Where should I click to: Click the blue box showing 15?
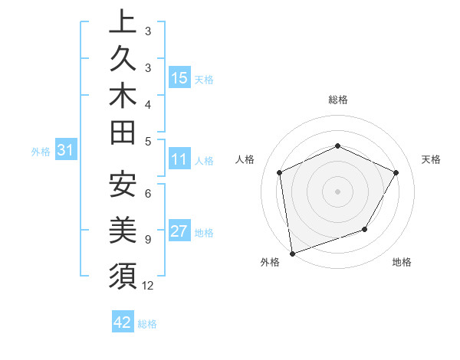179,78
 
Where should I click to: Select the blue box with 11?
179,160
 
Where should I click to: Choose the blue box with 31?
66,151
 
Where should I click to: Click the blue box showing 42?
123,322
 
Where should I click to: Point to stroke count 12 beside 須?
148,286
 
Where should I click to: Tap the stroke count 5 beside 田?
147,141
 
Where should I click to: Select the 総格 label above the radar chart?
337,100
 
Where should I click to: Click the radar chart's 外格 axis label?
269,263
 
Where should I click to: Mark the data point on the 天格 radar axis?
396,172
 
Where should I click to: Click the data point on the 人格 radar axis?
280,172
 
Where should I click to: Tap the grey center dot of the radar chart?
337,191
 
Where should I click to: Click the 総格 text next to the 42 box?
147,323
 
